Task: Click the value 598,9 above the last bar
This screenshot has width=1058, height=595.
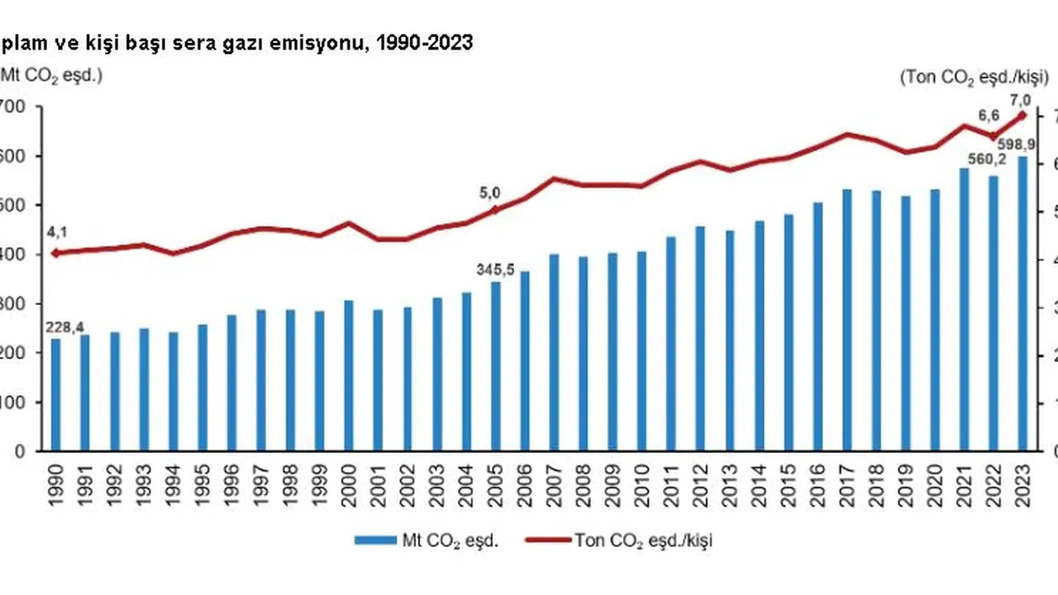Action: pyautogui.click(x=1019, y=145)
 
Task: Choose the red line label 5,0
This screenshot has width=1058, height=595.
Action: pyautogui.click(x=490, y=193)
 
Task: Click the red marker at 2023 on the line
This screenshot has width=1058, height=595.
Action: pyautogui.click(x=1022, y=116)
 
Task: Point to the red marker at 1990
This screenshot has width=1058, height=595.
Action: pyautogui.click(x=55, y=253)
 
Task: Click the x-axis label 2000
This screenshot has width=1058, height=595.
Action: pyautogui.click(x=349, y=487)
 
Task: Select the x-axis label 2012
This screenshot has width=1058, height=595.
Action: pyautogui.click(x=700, y=487)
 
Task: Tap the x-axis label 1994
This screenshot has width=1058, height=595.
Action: pyautogui.click(x=173, y=487)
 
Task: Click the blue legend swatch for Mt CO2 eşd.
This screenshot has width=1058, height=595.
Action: pyautogui.click(x=376, y=540)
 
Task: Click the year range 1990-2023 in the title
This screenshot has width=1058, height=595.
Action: pyautogui.click(x=423, y=44)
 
